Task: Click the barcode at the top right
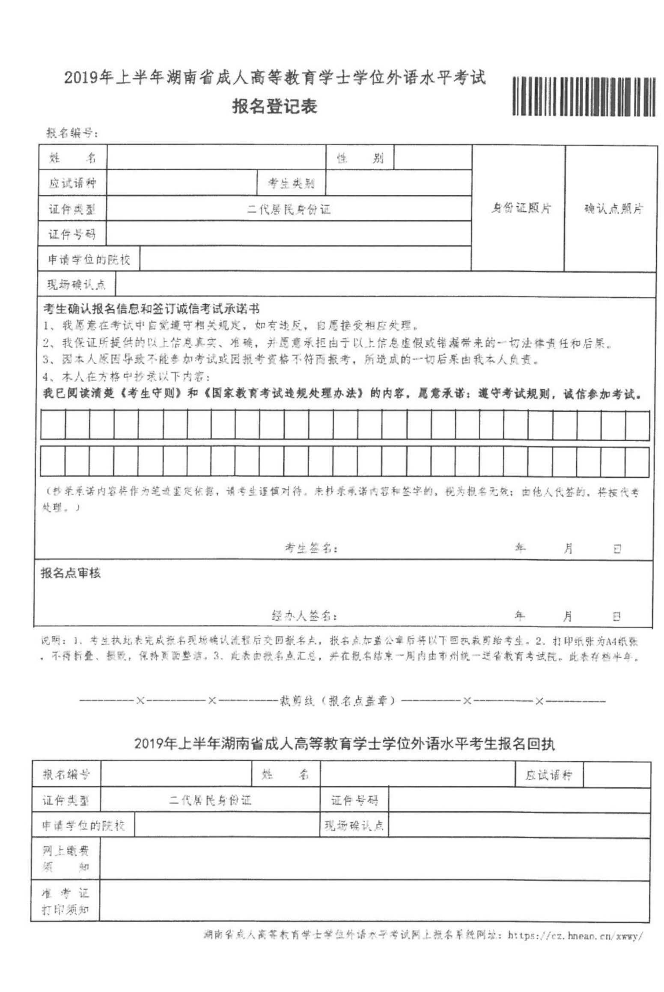pos(583,96)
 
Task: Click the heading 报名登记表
pos(274,107)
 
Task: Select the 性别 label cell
pos(360,158)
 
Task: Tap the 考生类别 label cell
pos(291,184)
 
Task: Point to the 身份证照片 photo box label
pos(520,208)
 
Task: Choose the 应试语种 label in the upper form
pos(72,184)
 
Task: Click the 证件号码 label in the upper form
pos(72,234)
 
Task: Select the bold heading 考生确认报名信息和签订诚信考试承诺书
pos(151,309)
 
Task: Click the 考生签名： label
pos(311,548)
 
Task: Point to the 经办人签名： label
pos(304,616)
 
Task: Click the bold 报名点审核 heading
pos(71,573)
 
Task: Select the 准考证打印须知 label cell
pos(66,901)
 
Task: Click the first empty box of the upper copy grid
pos(53,425)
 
